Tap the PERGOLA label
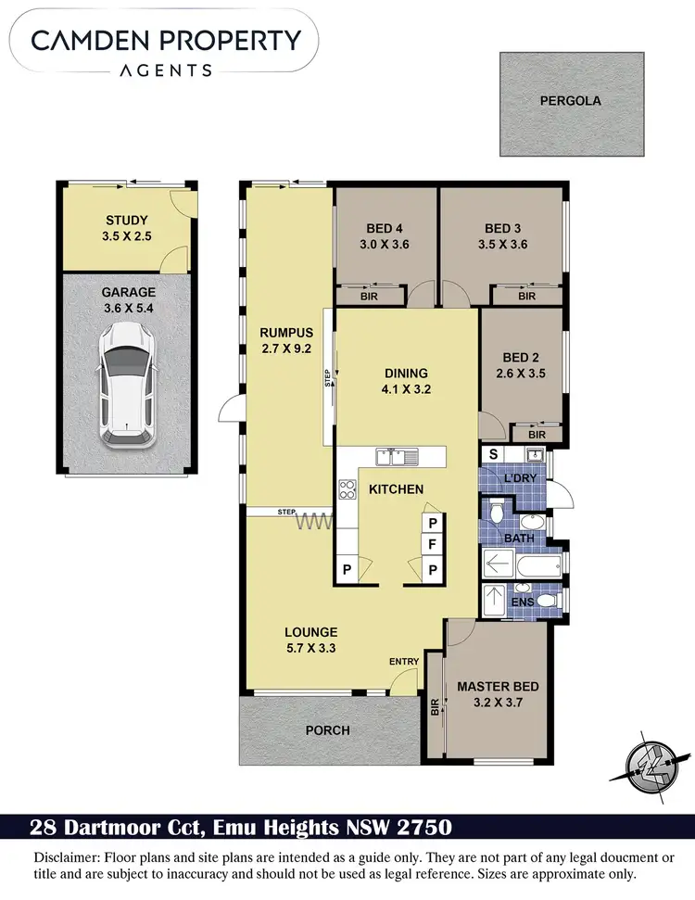(x=570, y=100)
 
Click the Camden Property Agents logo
(x=166, y=50)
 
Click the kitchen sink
(x=398, y=456)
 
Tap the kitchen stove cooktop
(x=348, y=488)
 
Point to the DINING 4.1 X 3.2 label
(x=408, y=382)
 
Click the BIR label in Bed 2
(x=537, y=433)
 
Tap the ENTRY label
(x=405, y=661)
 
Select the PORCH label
(x=328, y=730)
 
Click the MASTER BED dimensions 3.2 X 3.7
(x=497, y=703)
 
